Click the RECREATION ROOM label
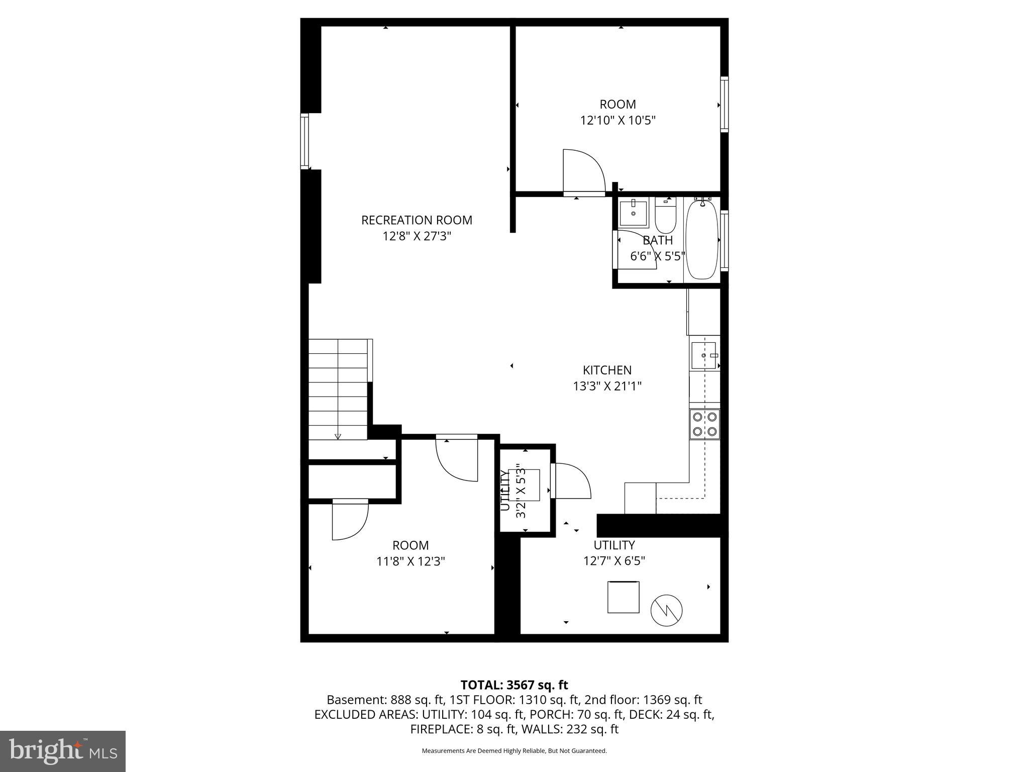click(x=417, y=220)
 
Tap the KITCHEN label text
click(x=607, y=370)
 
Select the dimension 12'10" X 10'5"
click(x=618, y=121)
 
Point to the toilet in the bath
click(x=665, y=215)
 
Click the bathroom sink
click(x=633, y=213)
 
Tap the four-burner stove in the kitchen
click(x=704, y=424)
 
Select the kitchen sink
click(x=703, y=355)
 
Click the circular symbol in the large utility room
click(x=666, y=610)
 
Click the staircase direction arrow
click(x=338, y=436)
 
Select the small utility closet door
click(x=571, y=481)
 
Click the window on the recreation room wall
click(x=304, y=141)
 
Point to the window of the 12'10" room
click(x=724, y=104)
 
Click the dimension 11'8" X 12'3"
click(x=410, y=561)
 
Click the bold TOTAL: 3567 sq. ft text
click(x=514, y=685)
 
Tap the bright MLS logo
click(x=63, y=751)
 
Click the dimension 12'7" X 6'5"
click(x=614, y=561)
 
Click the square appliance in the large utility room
click(x=623, y=597)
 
